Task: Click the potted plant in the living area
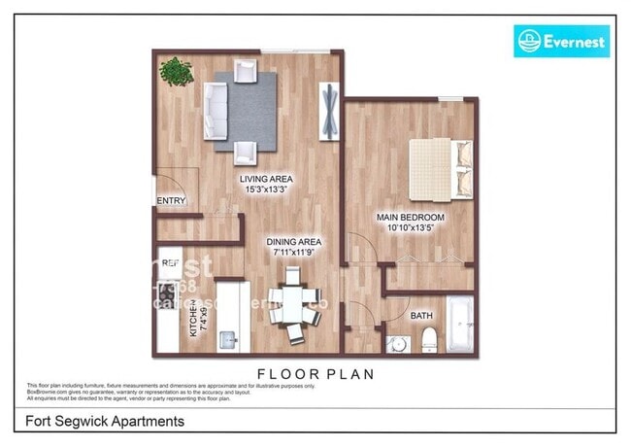point(176,72)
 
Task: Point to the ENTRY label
point(170,201)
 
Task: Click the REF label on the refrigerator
point(170,262)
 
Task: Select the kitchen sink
point(230,339)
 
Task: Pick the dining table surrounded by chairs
point(291,308)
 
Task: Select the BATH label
point(422,315)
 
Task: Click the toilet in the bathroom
point(428,340)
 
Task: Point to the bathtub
point(460,325)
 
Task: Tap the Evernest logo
point(561,42)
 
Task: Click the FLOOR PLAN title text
point(315,373)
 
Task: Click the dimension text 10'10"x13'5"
point(411,227)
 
